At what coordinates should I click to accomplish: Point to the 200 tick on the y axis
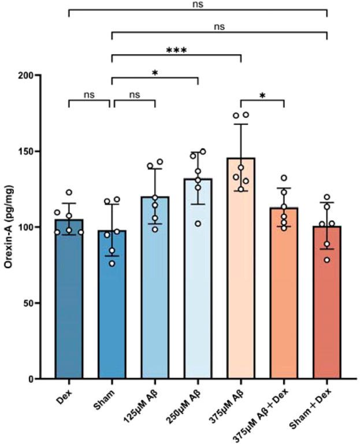click(x=31, y=75)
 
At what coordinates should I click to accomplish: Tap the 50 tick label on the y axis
click(x=34, y=303)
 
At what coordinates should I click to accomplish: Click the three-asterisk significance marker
click(x=176, y=50)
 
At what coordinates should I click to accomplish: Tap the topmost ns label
click(x=198, y=4)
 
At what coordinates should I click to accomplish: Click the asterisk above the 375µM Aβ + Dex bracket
click(x=262, y=94)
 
